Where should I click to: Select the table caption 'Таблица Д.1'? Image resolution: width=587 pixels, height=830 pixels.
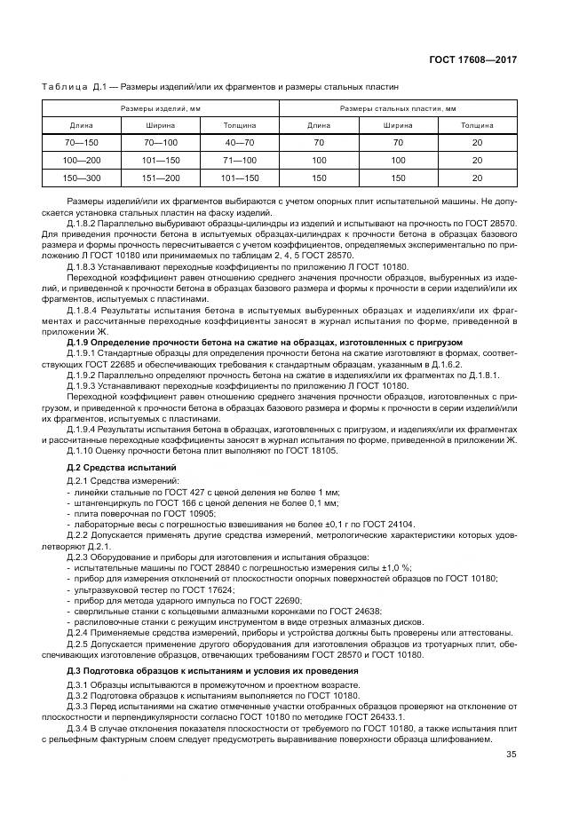[65, 88]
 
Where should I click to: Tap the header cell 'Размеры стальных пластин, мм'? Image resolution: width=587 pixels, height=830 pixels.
[398, 108]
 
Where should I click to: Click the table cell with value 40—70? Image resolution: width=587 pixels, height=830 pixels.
[240, 142]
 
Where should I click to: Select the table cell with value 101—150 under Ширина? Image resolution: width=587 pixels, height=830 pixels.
[161, 160]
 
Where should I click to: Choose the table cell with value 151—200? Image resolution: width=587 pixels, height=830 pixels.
[161, 178]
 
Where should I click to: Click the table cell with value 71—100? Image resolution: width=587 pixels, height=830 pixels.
[240, 160]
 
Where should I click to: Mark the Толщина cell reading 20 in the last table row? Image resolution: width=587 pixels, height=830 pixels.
[477, 178]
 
